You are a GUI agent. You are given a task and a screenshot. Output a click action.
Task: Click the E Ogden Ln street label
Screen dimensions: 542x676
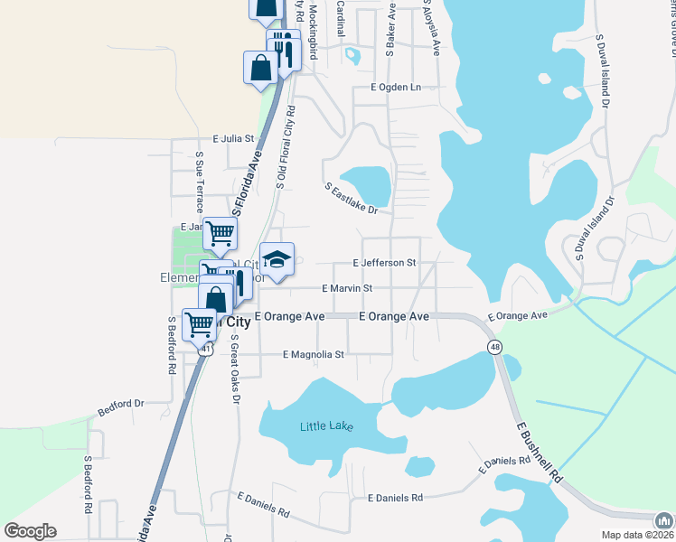pyautogui.click(x=396, y=88)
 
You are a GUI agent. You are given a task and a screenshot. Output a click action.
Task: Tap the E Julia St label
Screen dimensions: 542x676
pyautogui.click(x=234, y=140)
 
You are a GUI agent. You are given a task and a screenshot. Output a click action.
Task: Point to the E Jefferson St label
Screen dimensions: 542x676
pyautogui.click(x=383, y=263)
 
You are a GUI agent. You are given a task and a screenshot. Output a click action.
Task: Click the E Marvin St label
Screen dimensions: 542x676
pyautogui.click(x=347, y=288)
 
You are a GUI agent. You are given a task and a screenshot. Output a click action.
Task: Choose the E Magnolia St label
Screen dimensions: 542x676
pyautogui.click(x=314, y=355)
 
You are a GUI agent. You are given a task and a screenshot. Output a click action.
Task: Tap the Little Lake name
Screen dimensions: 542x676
pyautogui.click(x=326, y=425)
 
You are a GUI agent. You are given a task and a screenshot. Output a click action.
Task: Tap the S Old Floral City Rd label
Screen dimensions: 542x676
pyautogui.click(x=285, y=147)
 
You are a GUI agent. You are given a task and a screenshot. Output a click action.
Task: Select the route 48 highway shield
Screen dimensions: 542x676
pyautogui.click(x=494, y=347)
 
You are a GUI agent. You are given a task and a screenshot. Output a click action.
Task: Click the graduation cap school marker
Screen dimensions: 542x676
pyautogui.click(x=277, y=259)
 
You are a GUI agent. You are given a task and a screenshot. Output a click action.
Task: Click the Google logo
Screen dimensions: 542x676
pyautogui.click(x=30, y=531)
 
